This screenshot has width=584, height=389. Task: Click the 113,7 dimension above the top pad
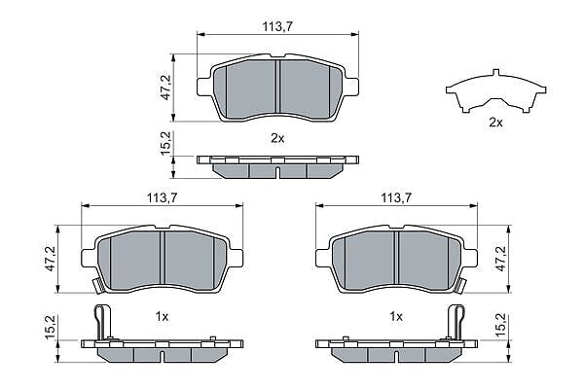[x=277, y=26]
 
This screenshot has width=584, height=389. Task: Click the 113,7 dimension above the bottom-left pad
[x=162, y=197]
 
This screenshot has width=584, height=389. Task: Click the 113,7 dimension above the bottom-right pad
[x=396, y=197]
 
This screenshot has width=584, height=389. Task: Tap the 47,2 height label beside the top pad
[x=165, y=88]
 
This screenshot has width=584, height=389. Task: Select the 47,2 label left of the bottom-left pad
[x=51, y=259]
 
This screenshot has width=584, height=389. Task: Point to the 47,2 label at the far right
[x=501, y=259]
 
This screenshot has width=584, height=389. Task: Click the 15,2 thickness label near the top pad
[x=165, y=143]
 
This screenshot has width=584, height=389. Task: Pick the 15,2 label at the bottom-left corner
[x=51, y=327]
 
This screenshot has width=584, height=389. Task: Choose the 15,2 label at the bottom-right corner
[x=501, y=327]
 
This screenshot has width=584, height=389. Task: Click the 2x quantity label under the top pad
[x=277, y=138]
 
